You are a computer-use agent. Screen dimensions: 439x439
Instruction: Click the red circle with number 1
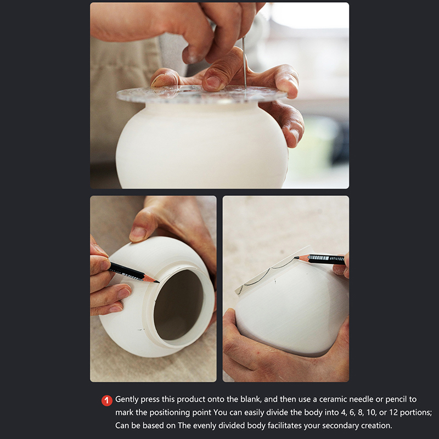(106, 401)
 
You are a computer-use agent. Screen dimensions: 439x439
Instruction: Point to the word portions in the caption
(417, 413)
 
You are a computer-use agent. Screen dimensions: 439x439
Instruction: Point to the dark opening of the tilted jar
(178, 305)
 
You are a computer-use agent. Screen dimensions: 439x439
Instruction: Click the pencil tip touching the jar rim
(157, 282)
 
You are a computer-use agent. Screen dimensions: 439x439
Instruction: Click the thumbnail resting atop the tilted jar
(138, 234)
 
